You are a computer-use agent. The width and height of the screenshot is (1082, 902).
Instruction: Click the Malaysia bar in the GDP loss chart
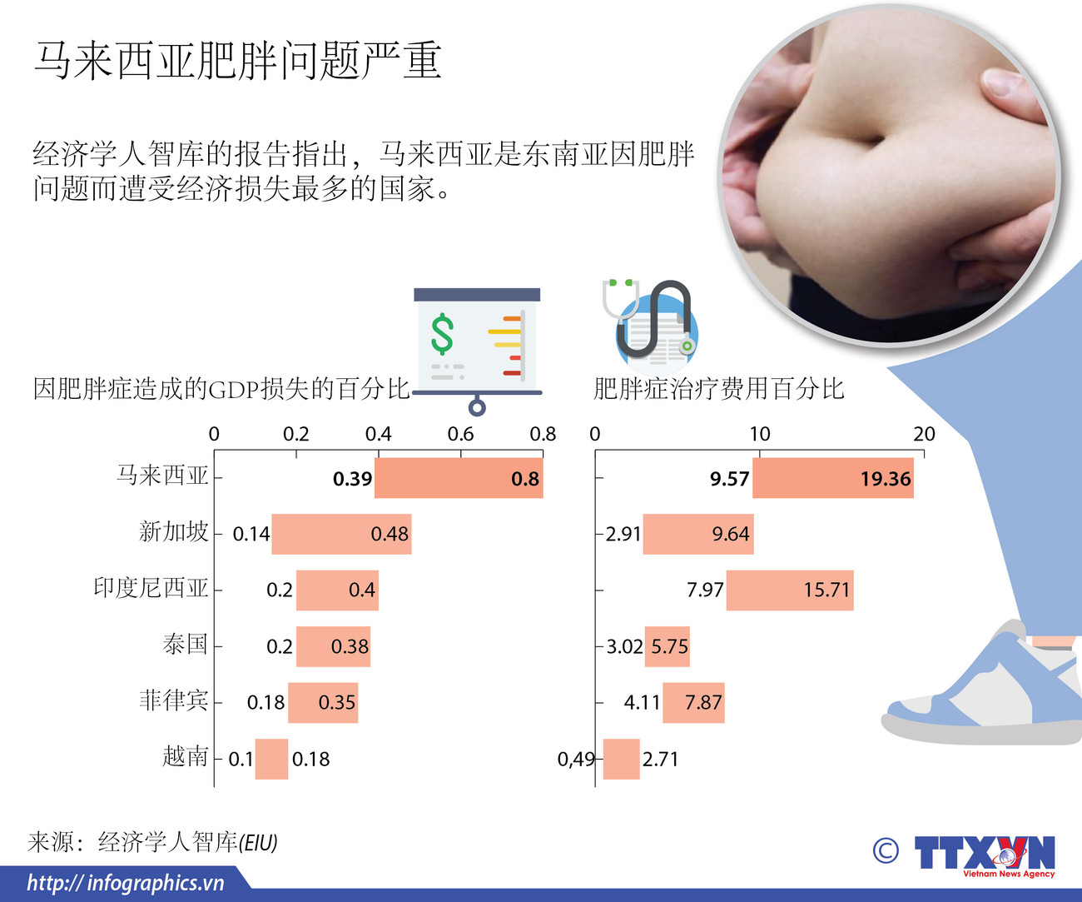pos(459,478)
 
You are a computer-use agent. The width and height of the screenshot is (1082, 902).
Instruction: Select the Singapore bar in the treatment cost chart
pos(697,534)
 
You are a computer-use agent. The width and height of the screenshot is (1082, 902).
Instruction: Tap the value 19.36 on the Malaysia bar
pos(885,479)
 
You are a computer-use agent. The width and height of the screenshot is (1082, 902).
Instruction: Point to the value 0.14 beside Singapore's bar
pos(251,534)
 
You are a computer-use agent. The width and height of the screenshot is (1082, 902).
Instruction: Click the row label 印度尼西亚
pos(151,588)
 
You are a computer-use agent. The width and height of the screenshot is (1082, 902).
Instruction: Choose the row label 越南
pos(185,756)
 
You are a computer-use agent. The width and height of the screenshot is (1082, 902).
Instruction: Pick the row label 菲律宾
pos(173,700)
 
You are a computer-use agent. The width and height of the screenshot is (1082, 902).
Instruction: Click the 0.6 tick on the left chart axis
pos(460,434)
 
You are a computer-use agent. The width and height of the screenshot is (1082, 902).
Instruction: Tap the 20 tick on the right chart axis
pos(924,434)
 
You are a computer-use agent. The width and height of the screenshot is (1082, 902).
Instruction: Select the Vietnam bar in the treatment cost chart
pos(621,759)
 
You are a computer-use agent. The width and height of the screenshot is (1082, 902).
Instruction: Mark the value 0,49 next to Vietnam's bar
pos(576,759)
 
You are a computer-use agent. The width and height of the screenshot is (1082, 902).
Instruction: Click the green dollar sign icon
pos(442,334)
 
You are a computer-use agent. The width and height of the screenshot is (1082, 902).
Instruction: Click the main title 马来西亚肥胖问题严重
pos(237,61)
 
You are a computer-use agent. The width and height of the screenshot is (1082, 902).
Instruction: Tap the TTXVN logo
pos(984,854)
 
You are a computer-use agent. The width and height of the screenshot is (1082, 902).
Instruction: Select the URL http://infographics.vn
pos(126,883)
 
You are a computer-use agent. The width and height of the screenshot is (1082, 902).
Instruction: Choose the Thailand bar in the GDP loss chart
pos(333,646)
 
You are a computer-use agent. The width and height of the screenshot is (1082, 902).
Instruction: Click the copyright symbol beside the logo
pos(886,850)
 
